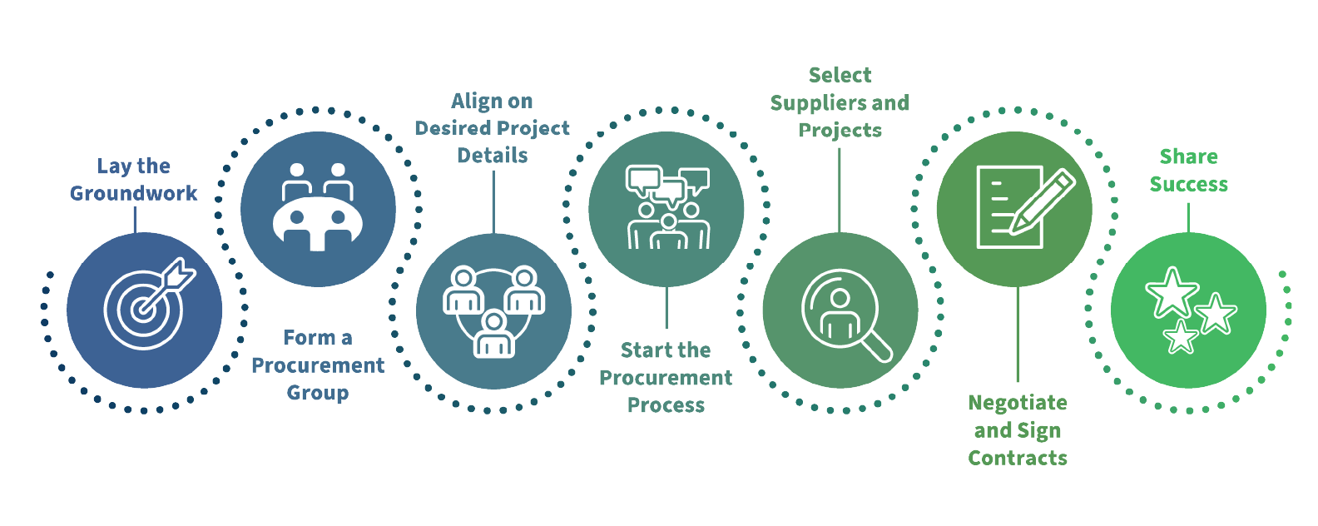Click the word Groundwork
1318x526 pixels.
point(134,193)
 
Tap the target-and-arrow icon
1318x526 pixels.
point(150,303)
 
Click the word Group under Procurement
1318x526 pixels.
point(318,393)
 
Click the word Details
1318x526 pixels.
point(493,156)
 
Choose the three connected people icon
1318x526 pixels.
point(493,312)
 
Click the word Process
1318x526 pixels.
point(666,404)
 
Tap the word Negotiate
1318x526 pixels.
point(1018,403)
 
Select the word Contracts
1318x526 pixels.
point(1018,458)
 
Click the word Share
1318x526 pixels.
point(1188,156)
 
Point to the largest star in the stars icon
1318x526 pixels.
point(1172,292)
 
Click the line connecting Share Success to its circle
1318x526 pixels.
point(1188,218)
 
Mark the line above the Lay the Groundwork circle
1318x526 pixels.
point(136,220)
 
